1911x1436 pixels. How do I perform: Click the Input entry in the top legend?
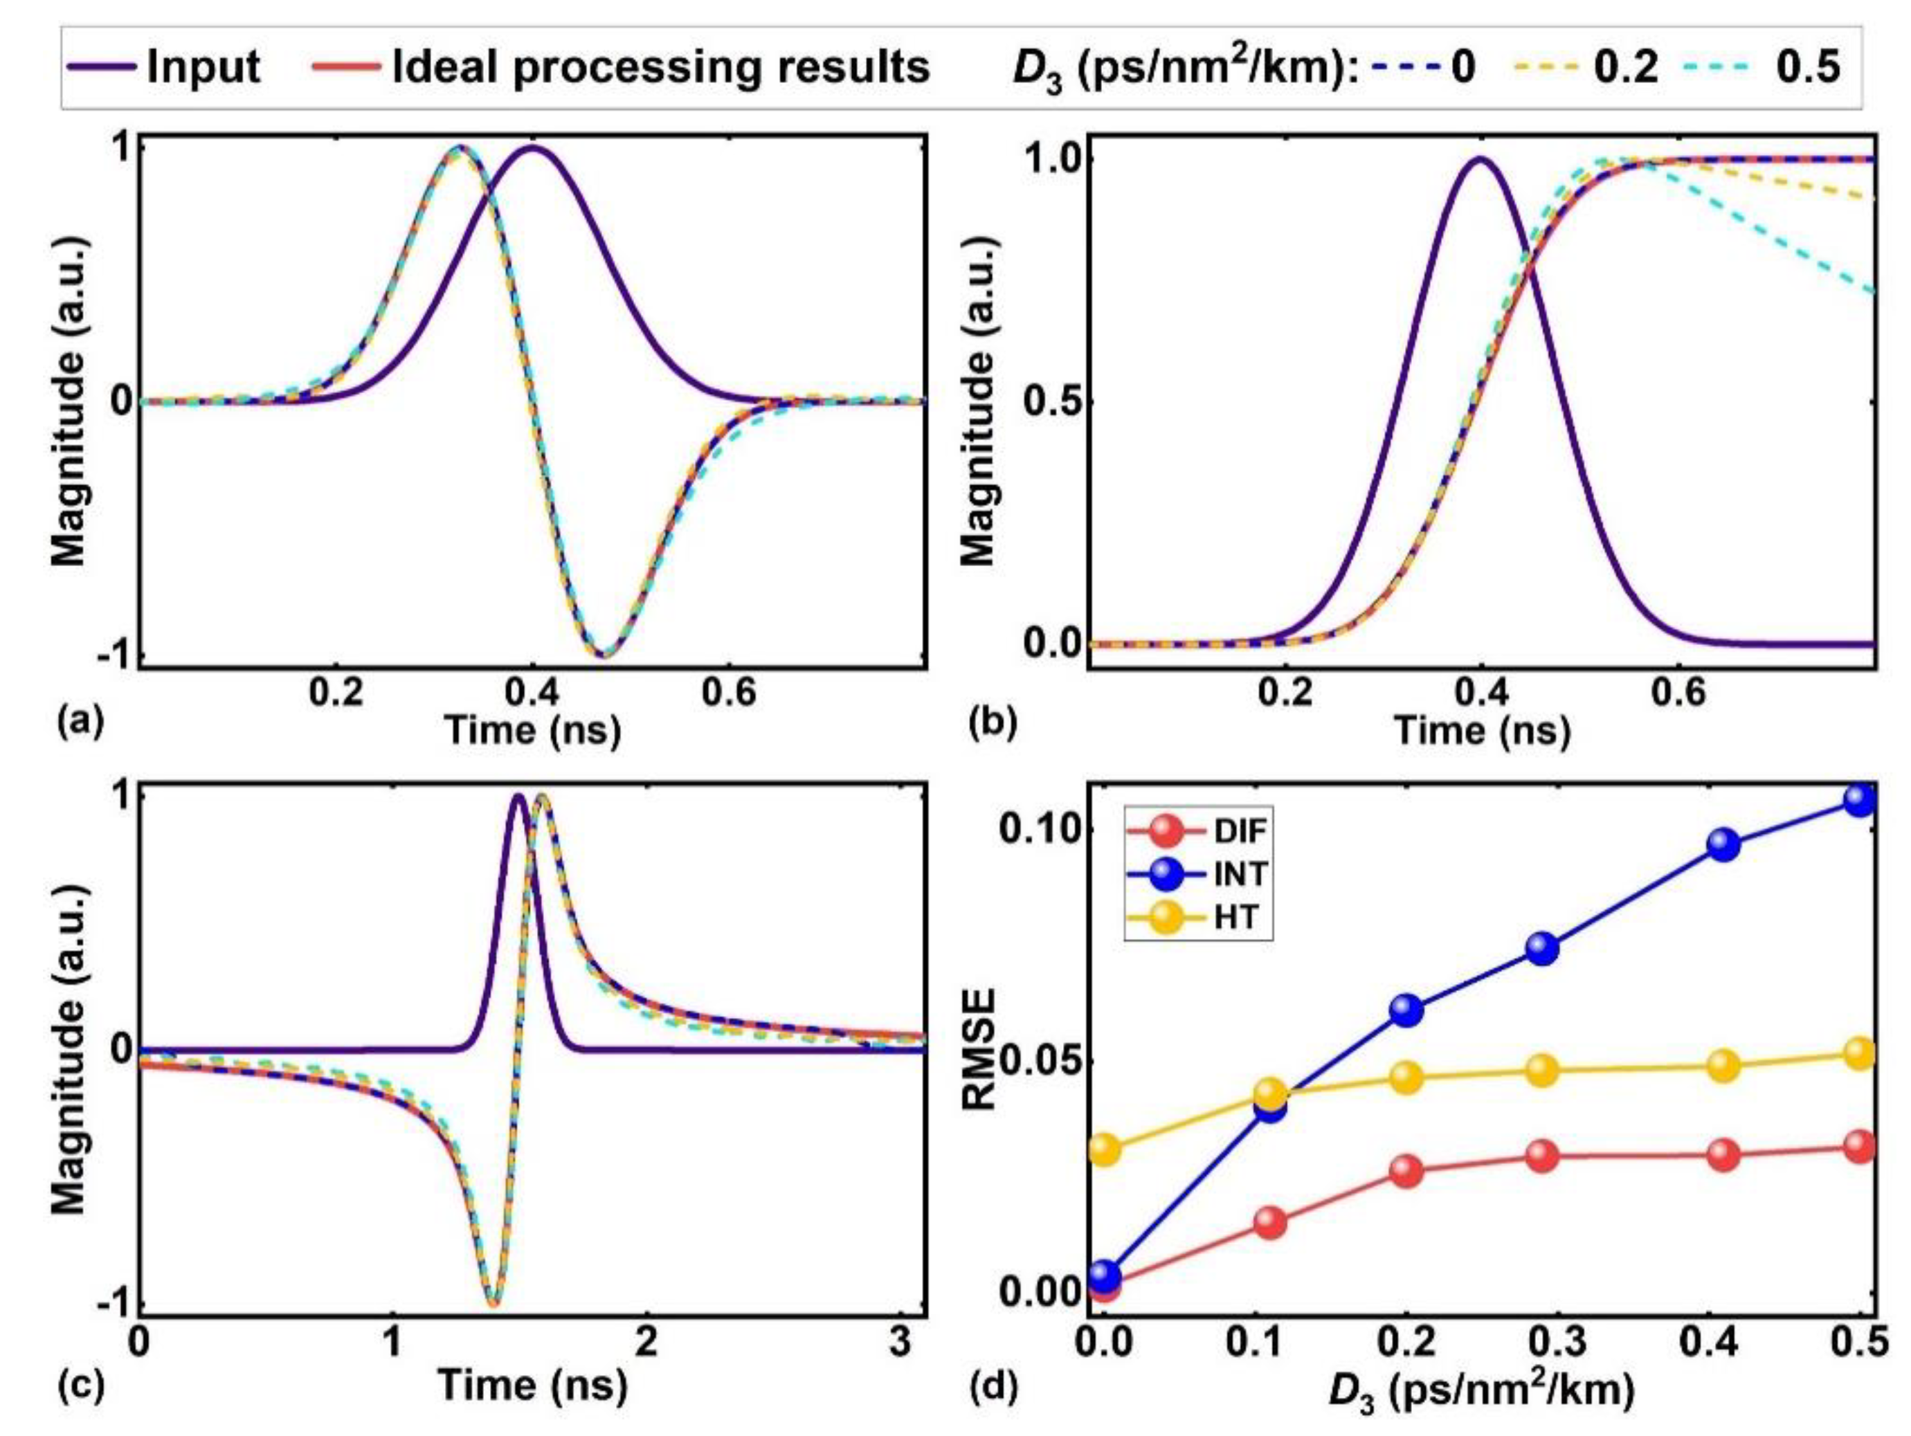(203, 66)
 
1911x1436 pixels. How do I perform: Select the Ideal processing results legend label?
(660, 66)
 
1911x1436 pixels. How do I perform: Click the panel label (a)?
(79, 719)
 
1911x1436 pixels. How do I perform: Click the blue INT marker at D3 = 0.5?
(1859, 799)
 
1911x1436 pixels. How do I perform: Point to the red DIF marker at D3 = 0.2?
(1406, 1172)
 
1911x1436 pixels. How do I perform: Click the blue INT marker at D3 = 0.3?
(1542, 949)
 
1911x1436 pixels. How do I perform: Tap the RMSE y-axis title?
(979, 1050)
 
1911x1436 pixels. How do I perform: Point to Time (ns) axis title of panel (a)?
(532, 731)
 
